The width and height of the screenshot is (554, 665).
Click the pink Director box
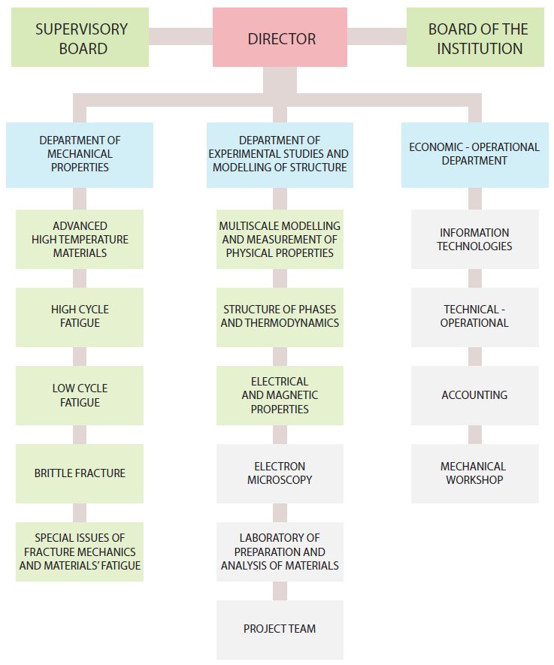(x=280, y=38)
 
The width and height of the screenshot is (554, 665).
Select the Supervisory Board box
(x=80, y=38)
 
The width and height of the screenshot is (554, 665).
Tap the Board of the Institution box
(x=475, y=38)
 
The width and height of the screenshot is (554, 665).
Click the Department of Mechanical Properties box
(x=80, y=155)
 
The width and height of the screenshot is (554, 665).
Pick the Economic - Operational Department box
(x=474, y=155)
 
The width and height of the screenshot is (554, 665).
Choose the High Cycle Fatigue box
(x=80, y=317)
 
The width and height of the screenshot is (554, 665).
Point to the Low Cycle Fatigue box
(x=80, y=395)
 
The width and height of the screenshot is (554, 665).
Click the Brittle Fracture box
(x=80, y=473)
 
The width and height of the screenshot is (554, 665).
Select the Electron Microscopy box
(x=280, y=473)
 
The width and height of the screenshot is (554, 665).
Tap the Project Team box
(x=280, y=630)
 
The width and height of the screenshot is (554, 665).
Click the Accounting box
(x=474, y=395)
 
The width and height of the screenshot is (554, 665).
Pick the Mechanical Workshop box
(x=474, y=473)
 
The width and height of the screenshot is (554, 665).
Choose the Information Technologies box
(x=474, y=239)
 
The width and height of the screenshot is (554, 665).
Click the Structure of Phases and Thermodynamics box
(x=280, y=317)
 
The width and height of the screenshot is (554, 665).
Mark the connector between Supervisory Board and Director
(x=180, y=37)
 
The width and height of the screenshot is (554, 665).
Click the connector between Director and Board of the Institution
(x=377, y=37)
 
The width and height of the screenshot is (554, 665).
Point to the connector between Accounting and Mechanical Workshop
(x=474, y=435)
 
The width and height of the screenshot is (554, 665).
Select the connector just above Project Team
(x=280, y=591)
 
